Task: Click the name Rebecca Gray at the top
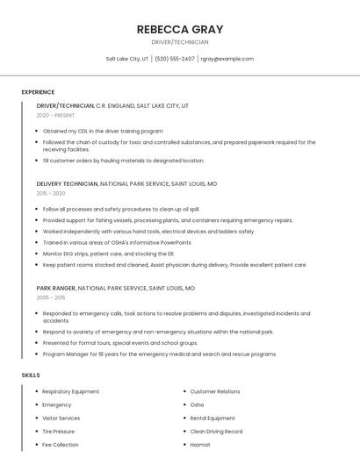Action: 179,29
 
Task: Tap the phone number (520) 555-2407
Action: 175,59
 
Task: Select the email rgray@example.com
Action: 227,59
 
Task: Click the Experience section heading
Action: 38,92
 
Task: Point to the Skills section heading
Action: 31,375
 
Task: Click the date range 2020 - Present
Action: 56,115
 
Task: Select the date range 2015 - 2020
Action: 51,193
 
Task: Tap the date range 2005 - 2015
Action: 51,297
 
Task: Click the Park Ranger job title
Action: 56,288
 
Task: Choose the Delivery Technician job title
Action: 68,183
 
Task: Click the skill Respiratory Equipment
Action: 70,391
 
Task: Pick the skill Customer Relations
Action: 214,391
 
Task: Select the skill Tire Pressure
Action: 59,432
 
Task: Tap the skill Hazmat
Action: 200,445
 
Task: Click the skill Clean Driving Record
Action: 216,432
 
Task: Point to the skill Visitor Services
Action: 61,418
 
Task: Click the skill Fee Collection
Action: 60,445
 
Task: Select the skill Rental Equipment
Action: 212,418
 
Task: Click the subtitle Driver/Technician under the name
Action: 179,42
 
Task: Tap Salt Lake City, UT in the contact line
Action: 127,59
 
